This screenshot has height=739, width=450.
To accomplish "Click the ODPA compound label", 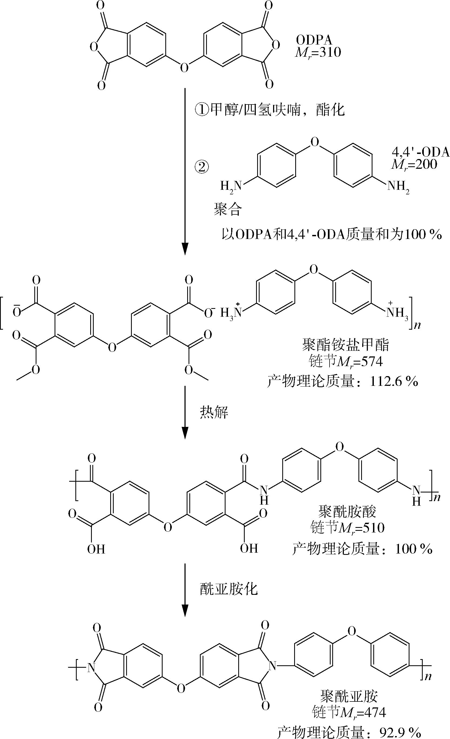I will pyautogui.click(x=314, y=40).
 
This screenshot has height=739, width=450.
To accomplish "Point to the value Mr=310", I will pyautogui.click(x=318, y=52).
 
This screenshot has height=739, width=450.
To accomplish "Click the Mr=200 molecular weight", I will pyautogui.click(x=414, y=164).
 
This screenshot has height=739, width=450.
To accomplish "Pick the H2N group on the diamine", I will pyautogui.click(x=231, y=186).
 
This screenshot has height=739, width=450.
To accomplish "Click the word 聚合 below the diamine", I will pyautogui.click(x=227, y=209).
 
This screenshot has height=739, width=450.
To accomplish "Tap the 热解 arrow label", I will pyautogui.click(x=214, y=413).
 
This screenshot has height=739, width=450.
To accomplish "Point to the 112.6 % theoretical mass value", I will pyautogui.click(x=394, y=382).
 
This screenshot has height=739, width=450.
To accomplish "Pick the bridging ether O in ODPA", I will pyautogui.click(x=184, y=67).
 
